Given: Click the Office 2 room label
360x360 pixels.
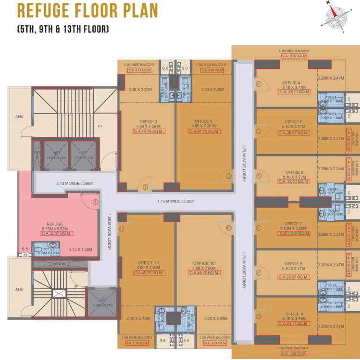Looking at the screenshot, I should click(146, 121).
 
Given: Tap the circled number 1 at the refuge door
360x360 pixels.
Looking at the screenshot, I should click(96, 202).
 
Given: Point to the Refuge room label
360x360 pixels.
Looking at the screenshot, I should click(55, 224).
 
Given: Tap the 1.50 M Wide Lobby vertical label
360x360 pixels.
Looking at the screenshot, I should click(109, 232).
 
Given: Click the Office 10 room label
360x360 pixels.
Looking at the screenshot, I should click(204, 263).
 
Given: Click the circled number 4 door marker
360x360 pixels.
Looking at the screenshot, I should click(258, 84).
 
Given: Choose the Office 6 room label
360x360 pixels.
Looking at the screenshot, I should click(294, 172).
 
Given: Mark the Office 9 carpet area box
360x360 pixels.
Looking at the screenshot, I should click(294, 324).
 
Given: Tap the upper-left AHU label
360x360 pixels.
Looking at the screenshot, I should click(19, 117).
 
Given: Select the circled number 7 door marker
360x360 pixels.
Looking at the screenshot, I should click(258, 228).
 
